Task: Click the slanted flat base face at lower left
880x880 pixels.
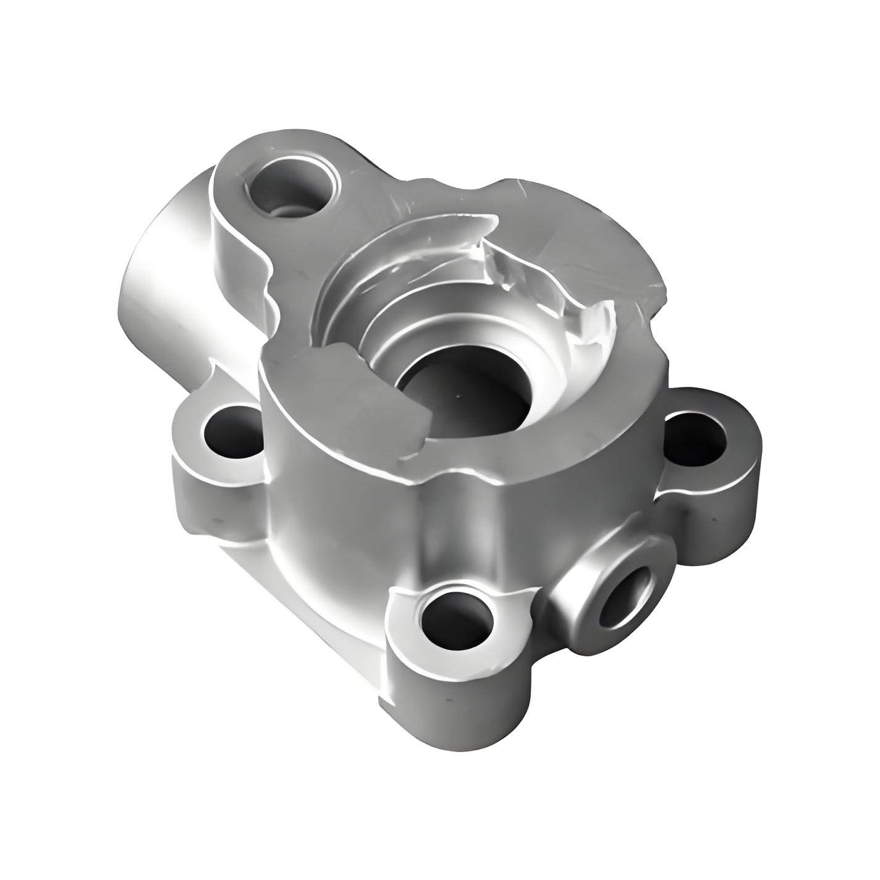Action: pos(297,593)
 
